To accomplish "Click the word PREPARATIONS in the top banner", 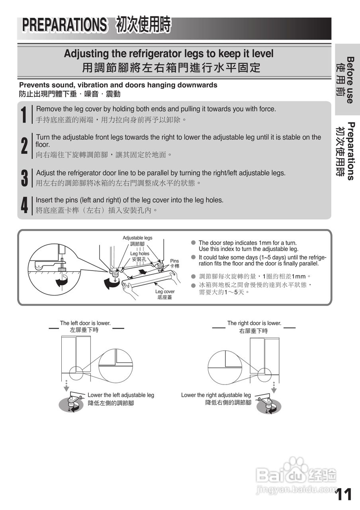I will (x=65, y=25).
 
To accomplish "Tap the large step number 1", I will (x=24, y=114).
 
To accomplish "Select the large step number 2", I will (x=24, y=146).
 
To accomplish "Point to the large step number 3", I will (x=24, y=178).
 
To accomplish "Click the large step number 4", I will (x=24, y=205).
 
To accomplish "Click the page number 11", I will (x=343, y=494).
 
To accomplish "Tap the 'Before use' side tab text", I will (x=350, y=80).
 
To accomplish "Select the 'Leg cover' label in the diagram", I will (x=165, y=292).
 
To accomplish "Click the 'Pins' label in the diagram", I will (x=174, y=261).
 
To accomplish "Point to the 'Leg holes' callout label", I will (x=140, y=253).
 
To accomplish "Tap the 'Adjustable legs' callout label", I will (x=137, y=238).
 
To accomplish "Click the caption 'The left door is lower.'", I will (x=85, y=323).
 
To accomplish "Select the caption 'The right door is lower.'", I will (x=254, y=323).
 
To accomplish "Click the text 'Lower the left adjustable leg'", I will (x=121, y=395).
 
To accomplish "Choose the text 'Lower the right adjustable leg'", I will (x=216, y=395).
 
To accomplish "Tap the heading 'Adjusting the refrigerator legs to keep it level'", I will (x=168, y=53).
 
